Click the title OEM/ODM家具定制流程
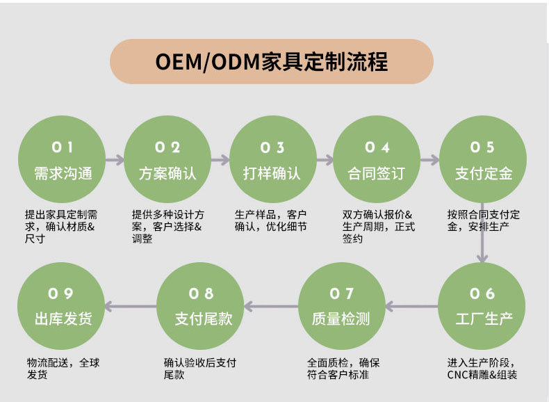pyautogui.click(x=272, y=61)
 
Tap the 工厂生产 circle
pyautogui.click(x=483, y=306)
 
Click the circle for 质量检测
pyautogui.click(x=341, y=306)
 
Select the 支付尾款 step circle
pyautogui.click(x=202, y=306)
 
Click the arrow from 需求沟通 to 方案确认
pyautogui.click(x=115, y=159)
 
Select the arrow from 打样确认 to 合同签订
pyautogui.click(x=325, y=159)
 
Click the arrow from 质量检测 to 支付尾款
pyautogui.click(x=272, y=306)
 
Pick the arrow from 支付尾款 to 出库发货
pyautogui.click(x=131, y=306)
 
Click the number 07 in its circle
pyautogui.click(x=341, y=294)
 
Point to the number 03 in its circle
pyautogui.click(x=272, y=147)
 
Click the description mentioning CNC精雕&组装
pyautogui.click(x=482, y=369)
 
